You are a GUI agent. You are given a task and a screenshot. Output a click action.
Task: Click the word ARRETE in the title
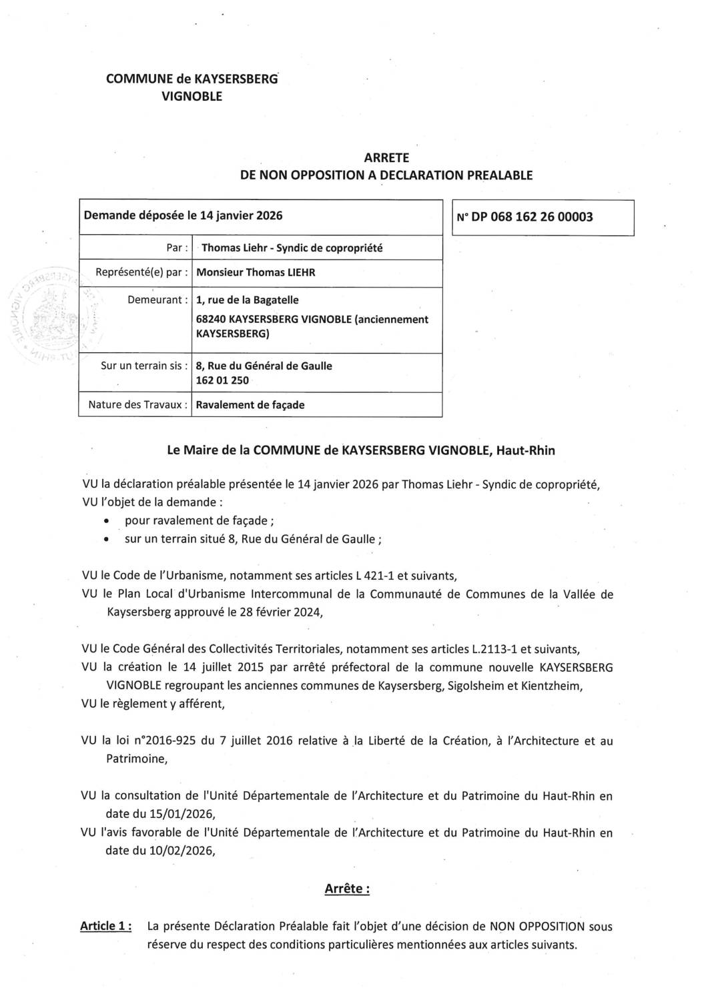tap(386, 158)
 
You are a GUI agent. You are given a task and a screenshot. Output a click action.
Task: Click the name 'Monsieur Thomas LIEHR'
tap(256, 272)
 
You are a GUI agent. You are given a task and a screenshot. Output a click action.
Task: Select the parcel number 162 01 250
tap(222, 380)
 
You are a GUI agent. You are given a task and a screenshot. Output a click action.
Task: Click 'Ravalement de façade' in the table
tap(250, 405)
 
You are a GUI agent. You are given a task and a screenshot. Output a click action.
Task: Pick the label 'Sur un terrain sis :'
tap(143, 366)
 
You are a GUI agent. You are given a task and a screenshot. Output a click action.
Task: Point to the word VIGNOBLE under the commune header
tap(192, 97)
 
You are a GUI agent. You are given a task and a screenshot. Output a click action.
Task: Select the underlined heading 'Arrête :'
tap(347, 889)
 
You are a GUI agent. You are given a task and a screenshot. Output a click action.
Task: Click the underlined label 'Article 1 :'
tap(105, 926)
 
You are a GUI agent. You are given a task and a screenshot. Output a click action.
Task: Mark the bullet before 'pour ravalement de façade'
tap(107, 522)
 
